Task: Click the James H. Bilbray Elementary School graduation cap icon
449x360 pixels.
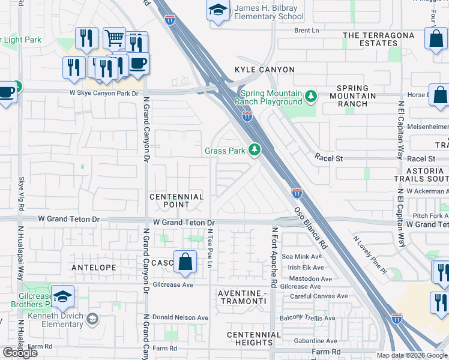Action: [x=217, y=10]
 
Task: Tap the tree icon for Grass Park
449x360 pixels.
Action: [x=255, y=149]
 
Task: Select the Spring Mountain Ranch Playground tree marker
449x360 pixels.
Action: [x=310, y=95]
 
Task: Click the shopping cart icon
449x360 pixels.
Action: [x=113, y=38]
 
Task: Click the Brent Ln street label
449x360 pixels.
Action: [x=306, y=30]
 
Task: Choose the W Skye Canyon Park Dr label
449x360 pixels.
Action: [x=100, y=93]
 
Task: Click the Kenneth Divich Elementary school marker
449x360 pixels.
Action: [x=92, y=318]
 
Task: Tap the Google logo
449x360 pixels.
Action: [x=20, y=353]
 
